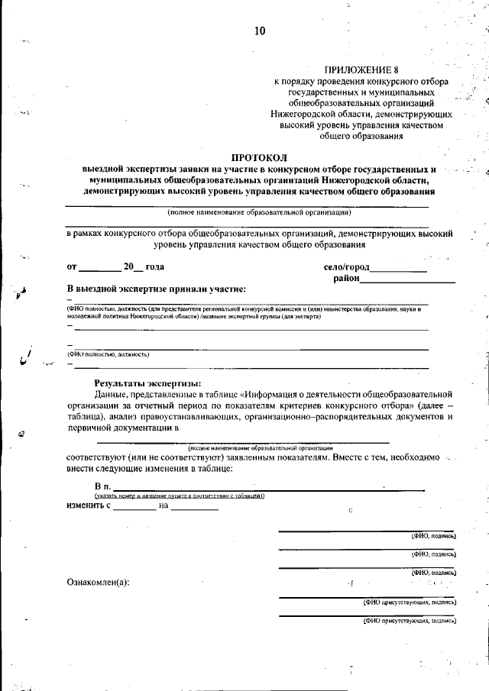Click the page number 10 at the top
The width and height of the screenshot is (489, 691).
point(261,31)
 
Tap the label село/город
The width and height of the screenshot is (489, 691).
point(346,267)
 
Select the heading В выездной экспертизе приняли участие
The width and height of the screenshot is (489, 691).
point(156,289)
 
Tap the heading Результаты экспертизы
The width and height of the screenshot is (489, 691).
point(147,383)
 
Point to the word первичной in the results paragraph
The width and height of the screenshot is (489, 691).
point(95,428)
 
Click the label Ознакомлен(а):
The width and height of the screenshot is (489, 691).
point(98,583)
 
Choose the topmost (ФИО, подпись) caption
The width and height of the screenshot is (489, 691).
point(433,536)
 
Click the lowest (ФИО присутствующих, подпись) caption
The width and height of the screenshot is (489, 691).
point(410,621)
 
